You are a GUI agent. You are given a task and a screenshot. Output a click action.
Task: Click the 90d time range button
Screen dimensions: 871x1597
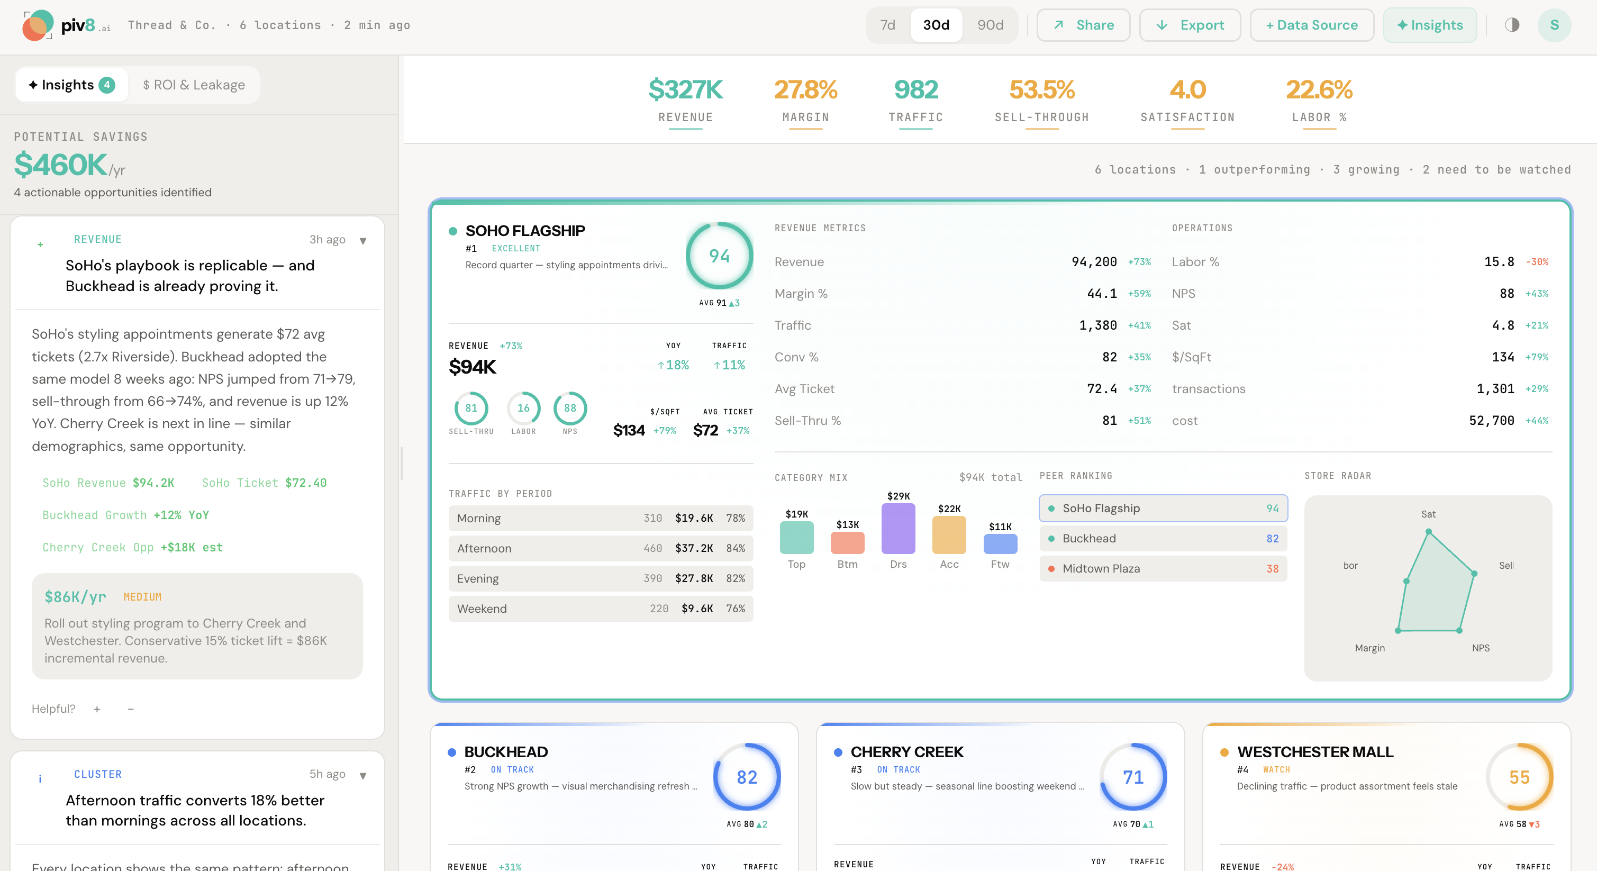[x=990, y=25]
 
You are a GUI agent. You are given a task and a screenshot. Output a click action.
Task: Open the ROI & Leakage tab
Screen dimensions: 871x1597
[x=194, y=85]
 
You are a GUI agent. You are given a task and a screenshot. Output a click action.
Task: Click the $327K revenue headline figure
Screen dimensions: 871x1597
[x=685, y=89]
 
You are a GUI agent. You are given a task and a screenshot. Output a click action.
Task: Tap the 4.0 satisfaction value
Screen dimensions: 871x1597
[x=1187, y=89]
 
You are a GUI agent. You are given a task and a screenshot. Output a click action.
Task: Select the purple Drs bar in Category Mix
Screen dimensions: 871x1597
[x=899, y=528]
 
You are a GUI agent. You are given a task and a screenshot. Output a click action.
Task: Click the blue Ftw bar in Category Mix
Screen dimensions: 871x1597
[x=1000, y=543]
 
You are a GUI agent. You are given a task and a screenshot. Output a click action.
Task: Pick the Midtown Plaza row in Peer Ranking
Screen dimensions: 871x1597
[x=1163, y=568]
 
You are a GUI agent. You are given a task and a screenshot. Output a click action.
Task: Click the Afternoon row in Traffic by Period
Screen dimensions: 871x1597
[x=600, y=548]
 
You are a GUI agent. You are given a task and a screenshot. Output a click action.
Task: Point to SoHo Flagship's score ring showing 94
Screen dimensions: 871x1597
[x=719, y=256]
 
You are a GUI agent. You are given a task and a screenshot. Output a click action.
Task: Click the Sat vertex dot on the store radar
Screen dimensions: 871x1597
[x=1428, y=532]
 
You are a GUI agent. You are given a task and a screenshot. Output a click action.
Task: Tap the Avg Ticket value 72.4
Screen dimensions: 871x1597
[x=1102, y=389]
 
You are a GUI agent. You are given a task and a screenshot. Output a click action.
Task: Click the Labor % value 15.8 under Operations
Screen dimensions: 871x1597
[x=1499, y=261]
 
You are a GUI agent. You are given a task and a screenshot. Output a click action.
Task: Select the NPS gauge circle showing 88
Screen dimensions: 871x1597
[x=570, y=408]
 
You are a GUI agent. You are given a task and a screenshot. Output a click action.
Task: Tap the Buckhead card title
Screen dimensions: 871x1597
[x=506, y=752]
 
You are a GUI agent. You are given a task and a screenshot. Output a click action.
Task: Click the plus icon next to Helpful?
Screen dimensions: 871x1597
[x=97, y=709]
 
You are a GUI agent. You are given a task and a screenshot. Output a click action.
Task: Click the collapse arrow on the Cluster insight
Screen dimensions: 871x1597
[x=362, y=775]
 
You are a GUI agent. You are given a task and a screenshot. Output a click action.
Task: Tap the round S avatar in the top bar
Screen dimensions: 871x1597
[x=1554, y=25]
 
